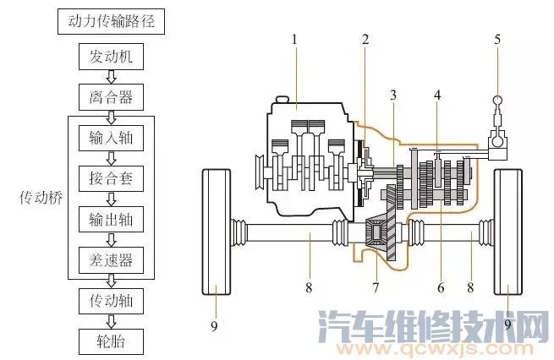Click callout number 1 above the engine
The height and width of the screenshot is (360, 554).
pos(293,40)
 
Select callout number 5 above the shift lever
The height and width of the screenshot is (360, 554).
pos(497,40)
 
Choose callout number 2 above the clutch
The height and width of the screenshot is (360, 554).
pos(365,40)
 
